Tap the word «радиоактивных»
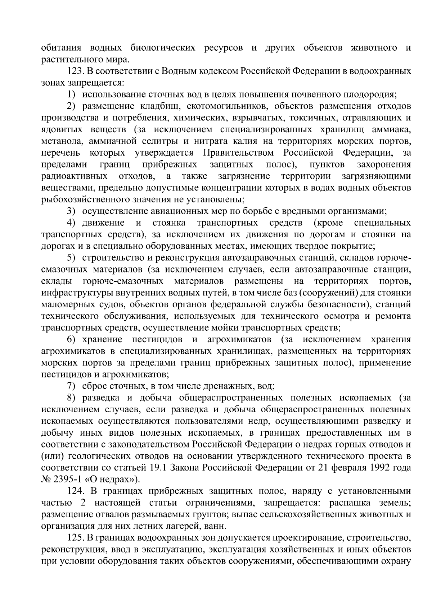[x=75, y=176]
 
